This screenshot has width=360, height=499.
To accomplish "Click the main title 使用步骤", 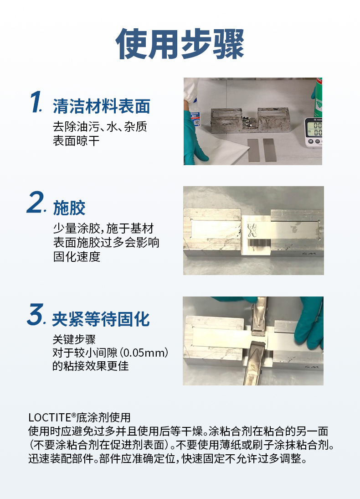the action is coord(180,44).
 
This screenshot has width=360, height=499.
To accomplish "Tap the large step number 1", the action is coord(36,102).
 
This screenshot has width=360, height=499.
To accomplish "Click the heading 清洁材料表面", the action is coord(102,106).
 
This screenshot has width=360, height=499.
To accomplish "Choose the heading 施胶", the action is coord(69,208).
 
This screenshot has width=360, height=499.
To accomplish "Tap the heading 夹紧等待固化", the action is coord(101,319).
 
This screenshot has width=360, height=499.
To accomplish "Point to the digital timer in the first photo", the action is coord(313,132).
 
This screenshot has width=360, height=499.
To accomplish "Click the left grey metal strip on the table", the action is coord(253,150).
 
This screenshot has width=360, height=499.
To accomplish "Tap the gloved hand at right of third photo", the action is coord(309,323).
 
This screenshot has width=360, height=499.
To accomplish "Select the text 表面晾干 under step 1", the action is coord(76,140).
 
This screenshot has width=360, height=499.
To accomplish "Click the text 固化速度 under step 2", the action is coord(77,256).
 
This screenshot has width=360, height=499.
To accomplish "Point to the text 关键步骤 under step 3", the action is coord(74,339).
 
